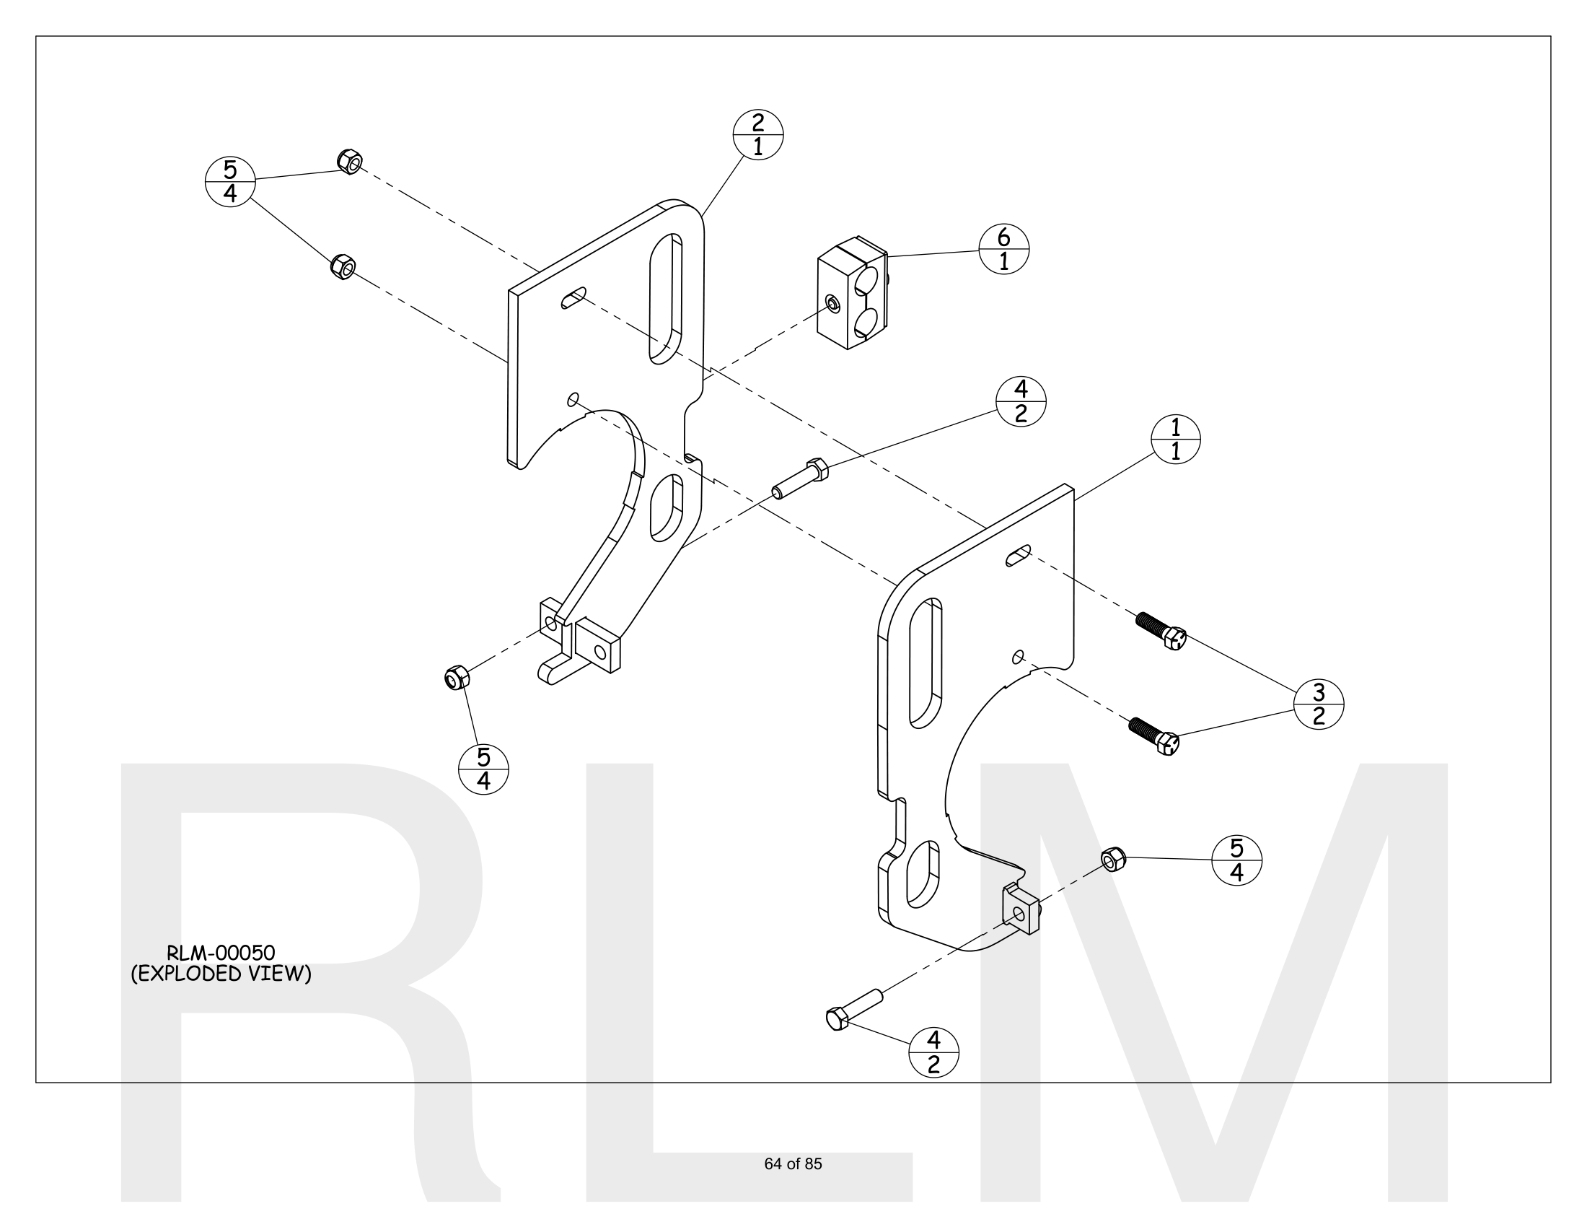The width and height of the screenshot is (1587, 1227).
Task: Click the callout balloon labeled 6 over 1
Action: coord(1003,248)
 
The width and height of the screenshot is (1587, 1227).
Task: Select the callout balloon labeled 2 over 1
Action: coord(758,134)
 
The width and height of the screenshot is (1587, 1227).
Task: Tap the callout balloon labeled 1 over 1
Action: coord(1175,439)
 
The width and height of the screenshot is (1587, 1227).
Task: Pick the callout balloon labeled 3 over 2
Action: coord(1318,704)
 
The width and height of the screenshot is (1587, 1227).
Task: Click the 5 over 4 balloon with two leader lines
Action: coord(230,182)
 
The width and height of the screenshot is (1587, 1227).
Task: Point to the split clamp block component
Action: coord(852,292)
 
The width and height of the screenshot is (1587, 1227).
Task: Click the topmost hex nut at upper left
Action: coord(351,162)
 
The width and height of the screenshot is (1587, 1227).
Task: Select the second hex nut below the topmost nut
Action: coord(342,267)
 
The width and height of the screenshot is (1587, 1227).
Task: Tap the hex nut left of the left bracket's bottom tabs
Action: coord(457,678)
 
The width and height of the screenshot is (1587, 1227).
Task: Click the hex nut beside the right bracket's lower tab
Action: coord(1113,859)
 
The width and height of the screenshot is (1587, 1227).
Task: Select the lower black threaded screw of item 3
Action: coord(1154,735)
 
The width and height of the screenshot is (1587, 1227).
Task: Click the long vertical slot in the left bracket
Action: coord(666,299)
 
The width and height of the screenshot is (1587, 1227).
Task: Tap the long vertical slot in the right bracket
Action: coord(926,662)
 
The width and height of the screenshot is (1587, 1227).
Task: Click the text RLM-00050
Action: coord(220,952)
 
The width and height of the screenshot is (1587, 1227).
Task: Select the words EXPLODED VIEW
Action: coord(221,974)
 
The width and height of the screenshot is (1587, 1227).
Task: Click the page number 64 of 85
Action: coord(793,1163)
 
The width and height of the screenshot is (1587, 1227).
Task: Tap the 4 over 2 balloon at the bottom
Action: coord(933,1052)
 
